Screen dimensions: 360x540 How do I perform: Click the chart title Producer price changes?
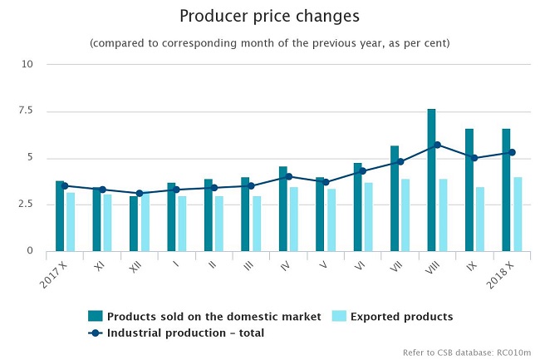pyautogui.click(x=269, y=16)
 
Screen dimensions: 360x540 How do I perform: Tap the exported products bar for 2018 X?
pyautogui.click(x=518, y=214)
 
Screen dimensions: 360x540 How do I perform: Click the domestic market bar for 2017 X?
pyautogui.click(x=60, y=215)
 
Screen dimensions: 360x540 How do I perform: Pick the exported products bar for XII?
pyautogui.click(x=145, y=222)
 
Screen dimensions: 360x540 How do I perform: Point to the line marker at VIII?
pyautogui.click(x=437, y=145)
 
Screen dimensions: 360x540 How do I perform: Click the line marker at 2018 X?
pyautogui.click(x=512, y=152)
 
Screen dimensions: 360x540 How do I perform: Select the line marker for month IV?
pyautogui.click(x=288, y=176)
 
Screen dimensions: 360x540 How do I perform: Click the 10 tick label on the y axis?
pyautogui.click(x=27, y=64)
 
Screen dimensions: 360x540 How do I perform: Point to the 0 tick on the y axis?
pyautogui.click(x=29, y=251)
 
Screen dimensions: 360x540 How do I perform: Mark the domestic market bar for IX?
pyautogui.click(x=469, y=190)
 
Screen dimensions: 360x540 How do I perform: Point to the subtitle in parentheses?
pyautogui.click(x=269, y=43)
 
